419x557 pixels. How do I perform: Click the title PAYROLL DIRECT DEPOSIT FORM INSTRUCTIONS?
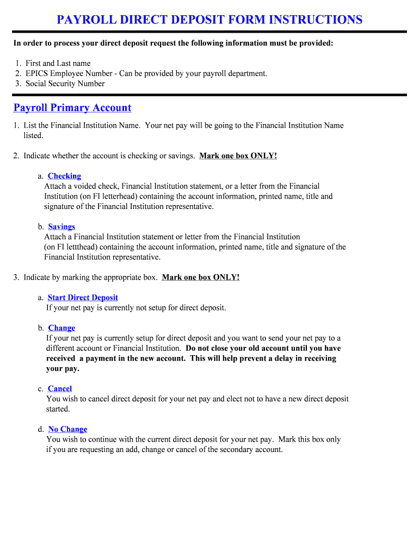tap(209, 20)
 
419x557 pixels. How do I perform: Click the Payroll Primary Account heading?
tap(72, 108)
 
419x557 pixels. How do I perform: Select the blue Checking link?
tap(64, 176)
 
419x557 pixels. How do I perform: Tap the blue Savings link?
tap(61, 227)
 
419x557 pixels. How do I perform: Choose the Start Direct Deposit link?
tap(83, 298)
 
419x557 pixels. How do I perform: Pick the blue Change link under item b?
tap(61, 328)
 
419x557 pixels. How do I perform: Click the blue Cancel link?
tap(60, 389)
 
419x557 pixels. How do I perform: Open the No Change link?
tap(67, 429)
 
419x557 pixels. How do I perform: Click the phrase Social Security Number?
tap(65, 84)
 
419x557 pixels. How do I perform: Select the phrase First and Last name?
tap(58, 64)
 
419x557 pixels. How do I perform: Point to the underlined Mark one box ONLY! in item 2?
tap(238, 156)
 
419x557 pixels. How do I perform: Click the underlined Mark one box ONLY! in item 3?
tap(201, 277)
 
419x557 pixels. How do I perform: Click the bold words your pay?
tap(63, 369)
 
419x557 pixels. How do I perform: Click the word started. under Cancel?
tap(58, 409)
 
